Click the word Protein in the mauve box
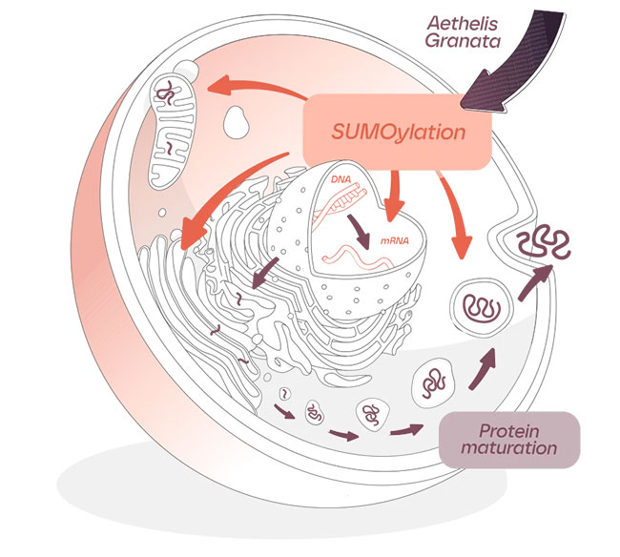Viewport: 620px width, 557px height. pos(511,430)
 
